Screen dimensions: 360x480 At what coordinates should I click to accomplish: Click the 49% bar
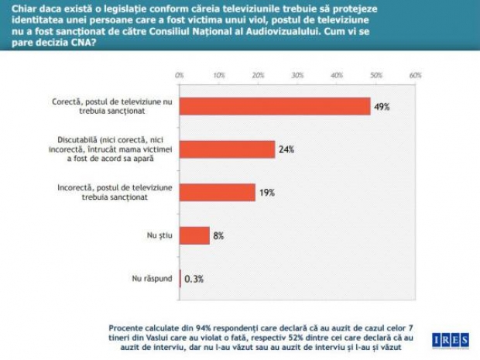275,106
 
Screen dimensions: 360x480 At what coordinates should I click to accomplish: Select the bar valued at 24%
227,149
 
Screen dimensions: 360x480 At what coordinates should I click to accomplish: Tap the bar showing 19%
217,192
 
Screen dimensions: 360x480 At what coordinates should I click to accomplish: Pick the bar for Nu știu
194,235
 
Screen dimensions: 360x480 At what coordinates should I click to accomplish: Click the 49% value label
381,107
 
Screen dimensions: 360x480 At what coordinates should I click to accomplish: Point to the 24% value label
286,149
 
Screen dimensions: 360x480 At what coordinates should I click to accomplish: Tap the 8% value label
219,235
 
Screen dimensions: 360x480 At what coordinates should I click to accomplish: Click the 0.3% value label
193,279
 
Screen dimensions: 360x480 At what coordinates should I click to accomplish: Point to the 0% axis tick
180,75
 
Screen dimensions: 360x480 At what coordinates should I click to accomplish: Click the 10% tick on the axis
219,75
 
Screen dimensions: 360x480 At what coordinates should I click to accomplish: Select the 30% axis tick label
297,75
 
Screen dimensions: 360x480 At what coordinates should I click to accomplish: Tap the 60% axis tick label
415,75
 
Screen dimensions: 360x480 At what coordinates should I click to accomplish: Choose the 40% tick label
337,75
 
